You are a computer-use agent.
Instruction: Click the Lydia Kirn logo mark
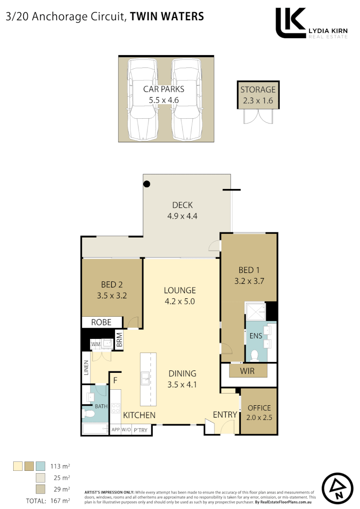click(x=290, y=23)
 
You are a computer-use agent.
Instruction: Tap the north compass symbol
click(x=337, y=489)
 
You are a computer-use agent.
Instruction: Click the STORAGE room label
click(x=258, y=90)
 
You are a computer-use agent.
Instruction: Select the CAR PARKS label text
click(x=164, y=89)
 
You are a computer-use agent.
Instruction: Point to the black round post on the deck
click(x=147, y=184)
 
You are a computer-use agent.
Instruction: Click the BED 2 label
click(x=112, y=285)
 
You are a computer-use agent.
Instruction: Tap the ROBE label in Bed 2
click(x=101, y=322)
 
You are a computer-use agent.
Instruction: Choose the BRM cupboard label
click(x=119, y=339)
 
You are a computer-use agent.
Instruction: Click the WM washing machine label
click(x=96, y=344)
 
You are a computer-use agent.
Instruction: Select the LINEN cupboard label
click(x=86, y=368)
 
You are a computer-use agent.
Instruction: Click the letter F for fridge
click(x=115, y=380)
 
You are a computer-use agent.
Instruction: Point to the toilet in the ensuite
click(x=255, y=355)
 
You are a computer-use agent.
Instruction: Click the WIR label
click(x=247, y=371)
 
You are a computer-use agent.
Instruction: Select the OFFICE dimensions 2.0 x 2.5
click(x=259, y=418)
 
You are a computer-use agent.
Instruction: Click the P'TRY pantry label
click(x=140, y=430)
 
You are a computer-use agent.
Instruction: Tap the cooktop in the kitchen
click(x=115, y=408)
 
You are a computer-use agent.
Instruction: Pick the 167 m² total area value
click(x=60, y=501)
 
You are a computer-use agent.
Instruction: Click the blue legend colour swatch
click(x=41, y=466)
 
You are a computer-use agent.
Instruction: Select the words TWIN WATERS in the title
click(x=167, y=16)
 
